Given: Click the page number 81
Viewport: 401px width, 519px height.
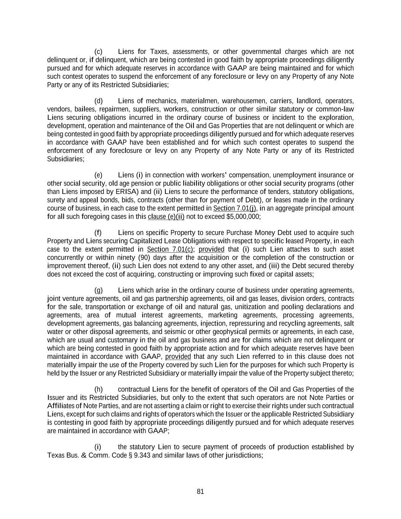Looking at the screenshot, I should (200, 491).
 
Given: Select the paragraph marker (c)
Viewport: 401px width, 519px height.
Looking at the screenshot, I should (98, 52).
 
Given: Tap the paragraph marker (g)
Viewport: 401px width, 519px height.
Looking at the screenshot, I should (98, 290).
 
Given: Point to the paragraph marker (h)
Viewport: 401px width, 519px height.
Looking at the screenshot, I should (98, 389).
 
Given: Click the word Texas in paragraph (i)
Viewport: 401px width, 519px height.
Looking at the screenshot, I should (55, 455).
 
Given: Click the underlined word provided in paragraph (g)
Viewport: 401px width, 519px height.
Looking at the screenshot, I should (178, 357).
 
